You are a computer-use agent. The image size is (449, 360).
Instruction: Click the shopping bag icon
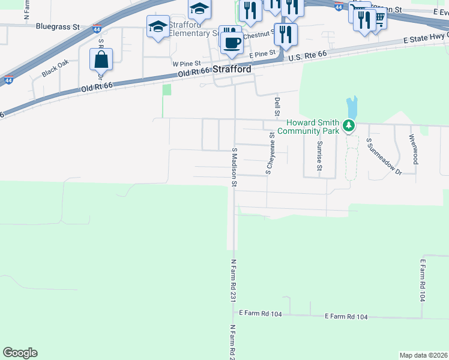pos(101,60)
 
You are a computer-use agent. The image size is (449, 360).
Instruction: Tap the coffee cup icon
pos(232,42)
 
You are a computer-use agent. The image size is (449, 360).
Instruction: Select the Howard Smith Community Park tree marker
pos(348,127)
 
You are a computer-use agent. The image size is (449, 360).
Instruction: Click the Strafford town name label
pos(232,70)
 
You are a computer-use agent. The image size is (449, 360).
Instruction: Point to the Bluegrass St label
pos(58,26)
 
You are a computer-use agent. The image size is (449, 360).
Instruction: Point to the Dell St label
pos(277,107)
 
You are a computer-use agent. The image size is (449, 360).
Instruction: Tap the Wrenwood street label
pos(414,149)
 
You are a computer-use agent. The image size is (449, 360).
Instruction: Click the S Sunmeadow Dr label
pos(384,158)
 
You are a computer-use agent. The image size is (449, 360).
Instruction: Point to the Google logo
pos(20,352)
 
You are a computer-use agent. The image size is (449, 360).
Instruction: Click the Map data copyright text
pos(423,355)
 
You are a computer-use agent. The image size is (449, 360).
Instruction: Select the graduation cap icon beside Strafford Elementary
pos(158,26)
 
